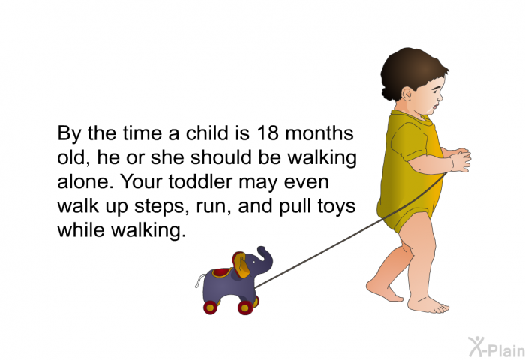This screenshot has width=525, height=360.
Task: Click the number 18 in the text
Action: click(x=268, y=133)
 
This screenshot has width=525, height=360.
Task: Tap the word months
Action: click(x=319, y=133)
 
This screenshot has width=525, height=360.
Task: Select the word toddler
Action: click(x=200, y=181)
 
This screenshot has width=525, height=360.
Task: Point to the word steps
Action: click(x=159, y=206)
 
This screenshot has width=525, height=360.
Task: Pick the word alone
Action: click(x=85, y=181)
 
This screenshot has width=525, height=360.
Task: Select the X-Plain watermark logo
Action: click(x=496, y=347)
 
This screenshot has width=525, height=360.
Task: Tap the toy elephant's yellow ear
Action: click(x=241, y=265)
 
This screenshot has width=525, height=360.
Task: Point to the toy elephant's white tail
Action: click(x=199, y=280)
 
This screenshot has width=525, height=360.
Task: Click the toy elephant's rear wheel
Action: click(x=210, y=307)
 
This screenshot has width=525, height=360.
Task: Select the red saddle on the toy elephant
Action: click(x=222, y=272)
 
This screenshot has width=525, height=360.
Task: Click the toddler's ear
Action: click(x=406, y=94)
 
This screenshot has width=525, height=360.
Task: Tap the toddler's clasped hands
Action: click(x=460, y=160)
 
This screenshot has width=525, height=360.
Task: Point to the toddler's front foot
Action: click(x=427, y=304)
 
